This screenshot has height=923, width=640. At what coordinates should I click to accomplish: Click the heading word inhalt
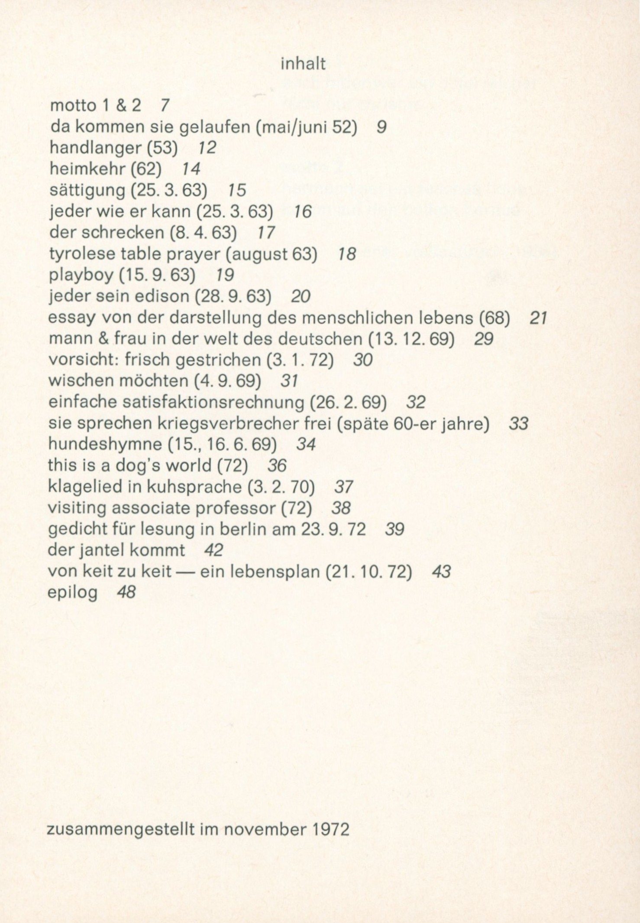(x=303, y=64)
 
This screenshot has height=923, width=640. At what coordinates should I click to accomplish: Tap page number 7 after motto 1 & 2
(x=164, y=105)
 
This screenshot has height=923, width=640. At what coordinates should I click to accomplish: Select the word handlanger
(x=95, y=148)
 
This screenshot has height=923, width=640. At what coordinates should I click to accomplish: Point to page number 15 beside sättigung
(x=236, y=190)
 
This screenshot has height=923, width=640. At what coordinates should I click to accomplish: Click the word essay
(x=72, y=318)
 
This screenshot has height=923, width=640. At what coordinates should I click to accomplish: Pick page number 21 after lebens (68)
(x=539, y=318)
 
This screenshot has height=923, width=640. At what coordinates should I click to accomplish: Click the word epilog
(x=72, y=593)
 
